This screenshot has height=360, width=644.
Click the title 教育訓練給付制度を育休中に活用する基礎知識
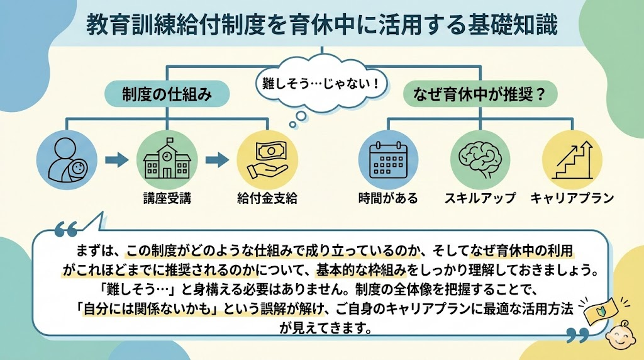coord(321,25)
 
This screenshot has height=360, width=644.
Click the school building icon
coord(167,160)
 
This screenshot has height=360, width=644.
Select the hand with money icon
coord(267,160)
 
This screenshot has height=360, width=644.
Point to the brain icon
coord(479,160)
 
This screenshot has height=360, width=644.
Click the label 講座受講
coord(167,199)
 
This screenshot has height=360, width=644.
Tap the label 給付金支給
coord(267,199)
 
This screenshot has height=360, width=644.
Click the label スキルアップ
coord(479,199)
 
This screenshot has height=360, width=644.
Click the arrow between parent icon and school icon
coord(115,160)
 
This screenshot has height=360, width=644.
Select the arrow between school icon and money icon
coord(217,160)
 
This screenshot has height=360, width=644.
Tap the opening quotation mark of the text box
coord(65,228)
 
